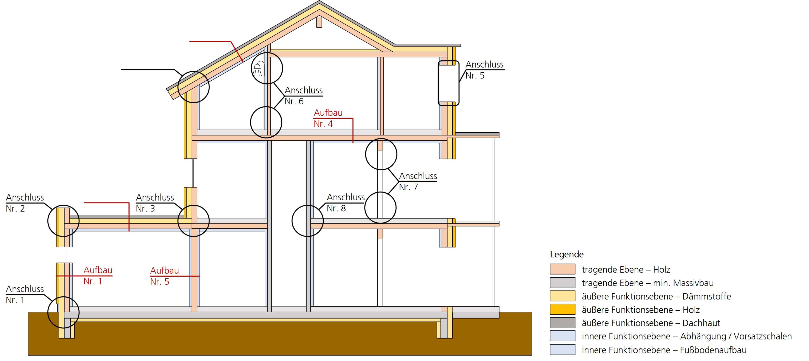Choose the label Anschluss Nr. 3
[154, 203]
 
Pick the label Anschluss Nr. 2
[24, 203]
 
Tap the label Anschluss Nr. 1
[24, 294]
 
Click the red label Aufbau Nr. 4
[328, 118]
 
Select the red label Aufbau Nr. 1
[98, 276]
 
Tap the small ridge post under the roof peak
[319, 22]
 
